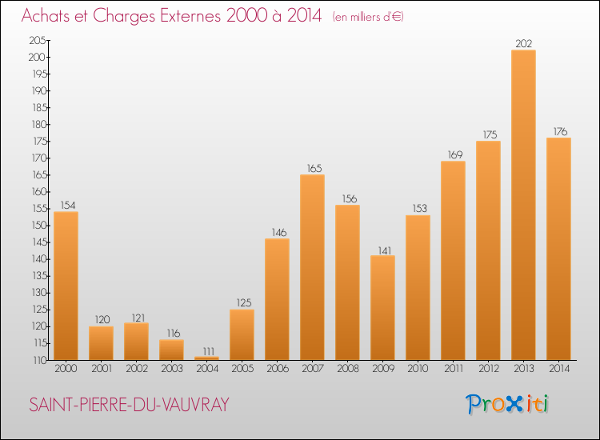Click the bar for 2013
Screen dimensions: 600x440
coord(523,205)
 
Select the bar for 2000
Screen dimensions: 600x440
coord(66,286)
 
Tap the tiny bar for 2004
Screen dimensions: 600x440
coord(206,358)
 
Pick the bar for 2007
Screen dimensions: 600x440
coord(312,267)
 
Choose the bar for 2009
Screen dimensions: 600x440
coord(382,308)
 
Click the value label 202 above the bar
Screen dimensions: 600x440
coord(523,44)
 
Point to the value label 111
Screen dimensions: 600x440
coord(209,351)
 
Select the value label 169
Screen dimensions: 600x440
coord(455,154)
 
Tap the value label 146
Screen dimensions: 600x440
coord(279,232)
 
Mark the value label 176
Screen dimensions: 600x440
coord(560,132)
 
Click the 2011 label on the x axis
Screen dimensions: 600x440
coord(454,369)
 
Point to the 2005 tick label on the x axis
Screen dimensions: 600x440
coord(242,369)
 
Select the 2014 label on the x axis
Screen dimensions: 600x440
coord(559,369)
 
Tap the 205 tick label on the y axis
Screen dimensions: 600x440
coord(38,40)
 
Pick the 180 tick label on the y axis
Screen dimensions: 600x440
coord(39,124)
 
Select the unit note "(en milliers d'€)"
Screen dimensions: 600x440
coord(368,17)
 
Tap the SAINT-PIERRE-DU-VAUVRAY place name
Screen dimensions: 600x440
coord(129,405)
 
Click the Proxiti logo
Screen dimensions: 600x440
coord(507,404)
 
